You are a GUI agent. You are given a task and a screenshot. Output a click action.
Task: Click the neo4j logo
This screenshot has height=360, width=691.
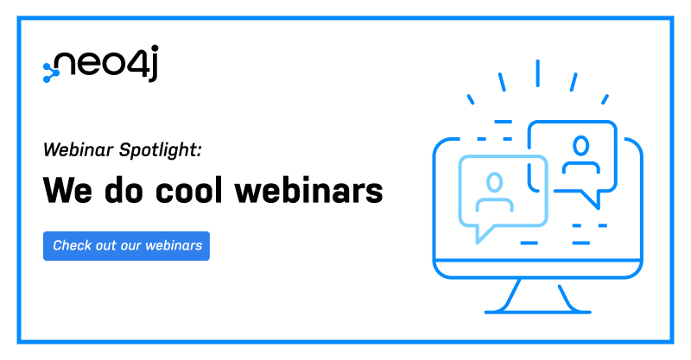[x=100, y=64]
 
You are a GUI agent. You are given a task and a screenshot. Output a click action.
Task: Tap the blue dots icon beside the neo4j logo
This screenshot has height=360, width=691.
[x=51, y=73]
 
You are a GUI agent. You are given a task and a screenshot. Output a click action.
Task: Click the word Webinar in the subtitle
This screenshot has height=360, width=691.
[x=79, y=150]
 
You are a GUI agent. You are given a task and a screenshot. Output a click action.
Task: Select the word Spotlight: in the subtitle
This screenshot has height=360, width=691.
[x=161, y=151]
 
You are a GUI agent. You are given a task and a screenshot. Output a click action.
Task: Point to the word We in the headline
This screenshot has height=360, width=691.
[x=68, y=191]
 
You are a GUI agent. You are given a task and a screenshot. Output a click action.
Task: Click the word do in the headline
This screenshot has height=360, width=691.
[x=124, y=190]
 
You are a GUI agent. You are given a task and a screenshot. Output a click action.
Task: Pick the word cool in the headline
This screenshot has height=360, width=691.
[x=189, y=190]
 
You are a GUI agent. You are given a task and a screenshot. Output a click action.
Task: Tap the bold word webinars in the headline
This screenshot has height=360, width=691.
[x=309, y=190]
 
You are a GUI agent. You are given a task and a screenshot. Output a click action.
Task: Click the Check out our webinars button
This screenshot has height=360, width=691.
[x=126, y=246]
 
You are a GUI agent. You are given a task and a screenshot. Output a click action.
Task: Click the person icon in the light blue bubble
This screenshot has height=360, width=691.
[x=494, y=193]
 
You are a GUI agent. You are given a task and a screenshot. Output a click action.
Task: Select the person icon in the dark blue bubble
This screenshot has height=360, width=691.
[x=580, y=155]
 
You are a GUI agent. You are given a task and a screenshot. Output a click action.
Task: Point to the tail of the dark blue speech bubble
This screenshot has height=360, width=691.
[x=591, y=199]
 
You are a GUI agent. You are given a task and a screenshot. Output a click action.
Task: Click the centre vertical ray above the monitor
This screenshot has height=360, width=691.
[x=537, y=73]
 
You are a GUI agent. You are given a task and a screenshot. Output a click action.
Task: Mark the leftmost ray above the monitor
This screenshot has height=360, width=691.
[x=471, y=99]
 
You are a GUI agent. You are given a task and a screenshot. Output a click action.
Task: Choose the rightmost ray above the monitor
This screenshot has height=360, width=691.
[x=605, y=99]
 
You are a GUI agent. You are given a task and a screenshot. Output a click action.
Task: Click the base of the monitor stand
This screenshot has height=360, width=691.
[x=537, y=312]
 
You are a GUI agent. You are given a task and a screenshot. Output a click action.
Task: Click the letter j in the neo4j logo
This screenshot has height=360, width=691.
[x=152, y=63]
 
